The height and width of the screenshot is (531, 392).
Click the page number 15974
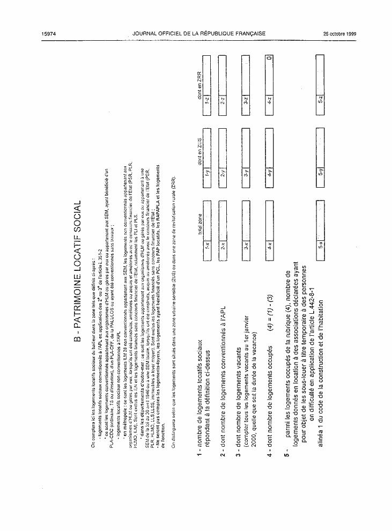click(x=49, y=33)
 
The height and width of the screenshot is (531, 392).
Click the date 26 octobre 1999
click(x=340, y=33)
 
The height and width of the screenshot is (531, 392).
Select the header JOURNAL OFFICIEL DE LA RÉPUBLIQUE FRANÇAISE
click(x=198, y=33)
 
